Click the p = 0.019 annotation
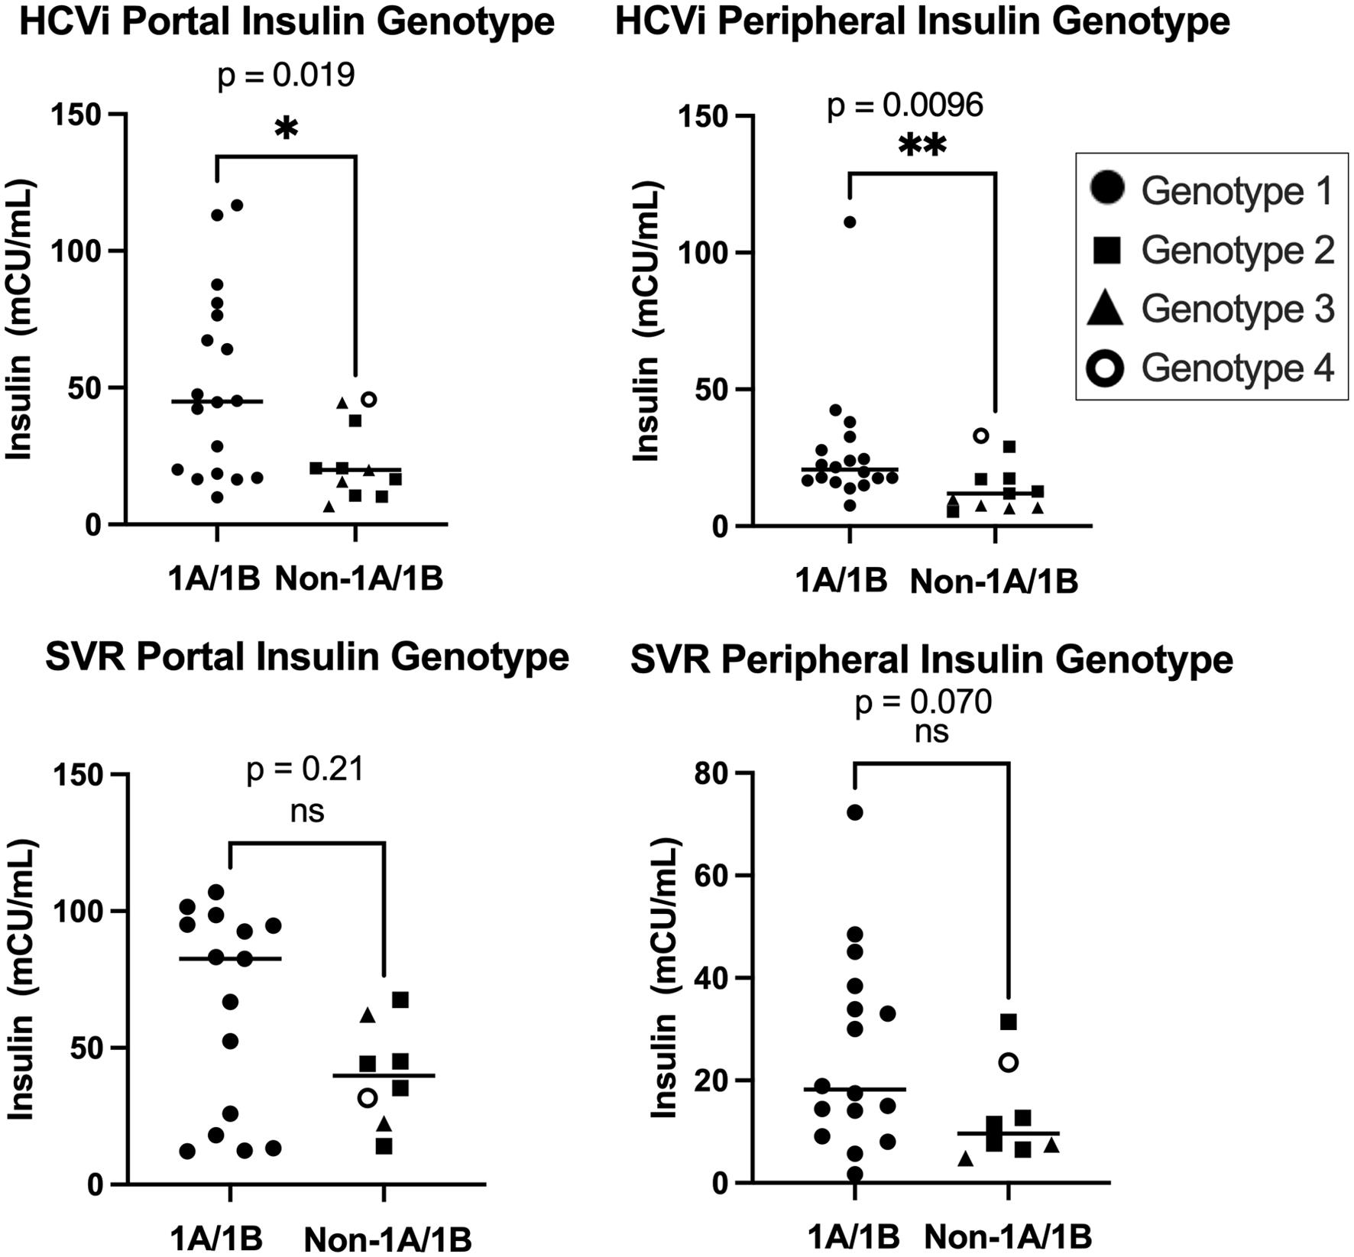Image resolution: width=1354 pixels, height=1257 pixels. pos(287,76)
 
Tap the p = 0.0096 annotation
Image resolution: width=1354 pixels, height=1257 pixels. pos(905,105)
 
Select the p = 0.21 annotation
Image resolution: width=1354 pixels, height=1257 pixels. pos(305,769)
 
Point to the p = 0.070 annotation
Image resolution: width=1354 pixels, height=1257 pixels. pos(923,701)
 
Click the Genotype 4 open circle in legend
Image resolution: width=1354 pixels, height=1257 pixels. pos(1106,368)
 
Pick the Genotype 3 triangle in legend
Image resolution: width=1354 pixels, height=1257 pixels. pos(1106,309)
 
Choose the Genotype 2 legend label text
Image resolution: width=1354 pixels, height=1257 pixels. pos(1237,250)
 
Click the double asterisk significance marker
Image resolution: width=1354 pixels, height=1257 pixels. pos(922,147)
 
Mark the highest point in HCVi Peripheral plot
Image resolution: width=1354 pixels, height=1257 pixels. pos(850,222)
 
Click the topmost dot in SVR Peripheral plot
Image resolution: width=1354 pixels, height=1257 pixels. pos(855,812)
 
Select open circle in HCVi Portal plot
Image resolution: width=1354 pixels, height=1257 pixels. pos(369,399)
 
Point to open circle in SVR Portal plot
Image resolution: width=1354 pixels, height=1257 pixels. pos(368,1098)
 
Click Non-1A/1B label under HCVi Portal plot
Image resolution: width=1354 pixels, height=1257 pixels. pos(358,579)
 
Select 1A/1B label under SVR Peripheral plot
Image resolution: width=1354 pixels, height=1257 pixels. pos(854,1236)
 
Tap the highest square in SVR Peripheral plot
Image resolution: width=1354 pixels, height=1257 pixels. pos(1009,1022)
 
